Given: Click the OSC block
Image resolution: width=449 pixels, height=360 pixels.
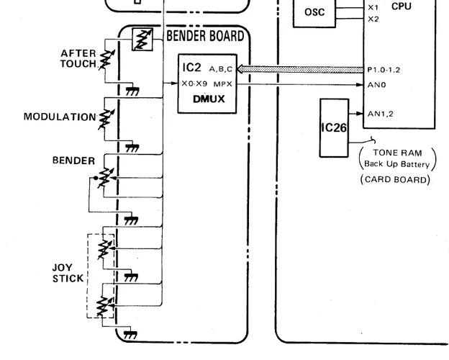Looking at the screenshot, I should tap(314, 12).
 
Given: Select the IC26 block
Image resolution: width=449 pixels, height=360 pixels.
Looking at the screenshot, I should tap(334, 128).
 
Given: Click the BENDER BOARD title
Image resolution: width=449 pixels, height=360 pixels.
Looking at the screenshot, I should tap(205, 35).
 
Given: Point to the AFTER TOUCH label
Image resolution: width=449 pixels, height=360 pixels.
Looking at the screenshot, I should tap(78, 58).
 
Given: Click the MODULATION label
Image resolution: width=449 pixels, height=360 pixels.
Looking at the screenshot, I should tap(59, 117).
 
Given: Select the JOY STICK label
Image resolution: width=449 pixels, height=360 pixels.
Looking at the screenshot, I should tap(67, 273).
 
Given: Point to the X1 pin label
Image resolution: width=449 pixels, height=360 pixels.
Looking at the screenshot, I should tap(373, 7).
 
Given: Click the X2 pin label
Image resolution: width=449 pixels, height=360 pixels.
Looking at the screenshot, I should tap(373, 19).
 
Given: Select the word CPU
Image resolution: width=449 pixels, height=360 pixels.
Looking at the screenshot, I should tap(402, 6).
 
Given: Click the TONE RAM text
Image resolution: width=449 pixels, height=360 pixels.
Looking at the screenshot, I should tap(396, 153).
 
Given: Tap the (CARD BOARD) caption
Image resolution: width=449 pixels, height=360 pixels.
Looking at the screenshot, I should tap(395, 179).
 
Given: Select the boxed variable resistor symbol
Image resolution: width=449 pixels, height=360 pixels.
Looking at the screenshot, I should tap(141, 41).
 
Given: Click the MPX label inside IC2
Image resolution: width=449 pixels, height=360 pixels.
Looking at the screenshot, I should tap(222, 84).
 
